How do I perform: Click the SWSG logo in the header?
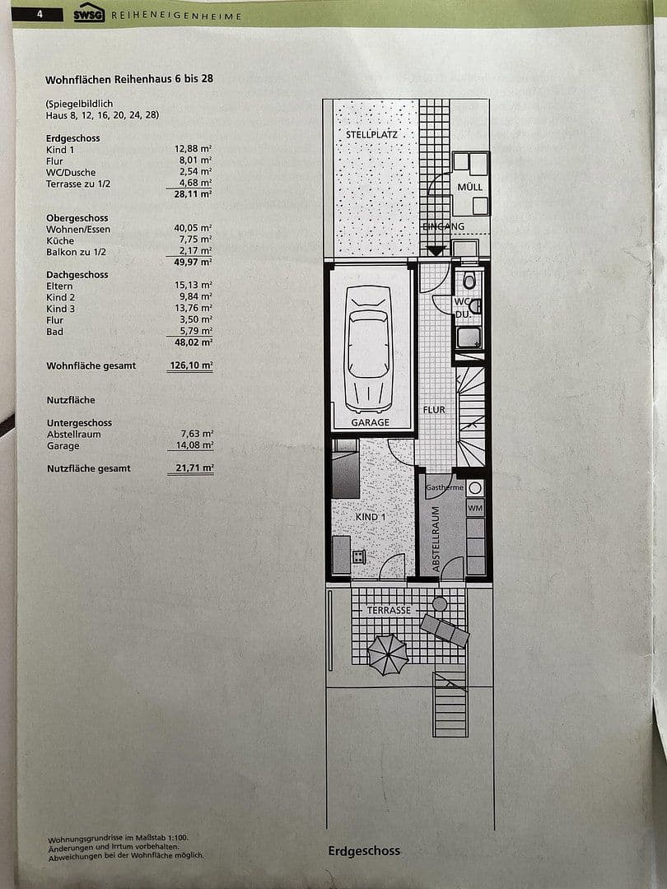point(88,14)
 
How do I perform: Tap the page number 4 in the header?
point(39,14)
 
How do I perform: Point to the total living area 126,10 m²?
point(189,365)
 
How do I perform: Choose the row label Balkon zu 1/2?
point(77,252)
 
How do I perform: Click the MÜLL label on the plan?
point(470,188)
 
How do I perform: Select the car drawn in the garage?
point(369,348)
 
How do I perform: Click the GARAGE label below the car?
point(370,422)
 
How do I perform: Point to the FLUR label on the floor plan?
point(434,409)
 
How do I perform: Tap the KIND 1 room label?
point(370,517)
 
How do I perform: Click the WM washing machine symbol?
point(475,509)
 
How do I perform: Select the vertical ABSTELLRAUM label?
point(436,539)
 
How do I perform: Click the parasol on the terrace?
point(388,654)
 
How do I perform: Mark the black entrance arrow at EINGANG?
point(436,250)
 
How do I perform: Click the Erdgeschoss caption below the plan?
point(363,851)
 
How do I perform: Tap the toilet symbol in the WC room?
point(469,282)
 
